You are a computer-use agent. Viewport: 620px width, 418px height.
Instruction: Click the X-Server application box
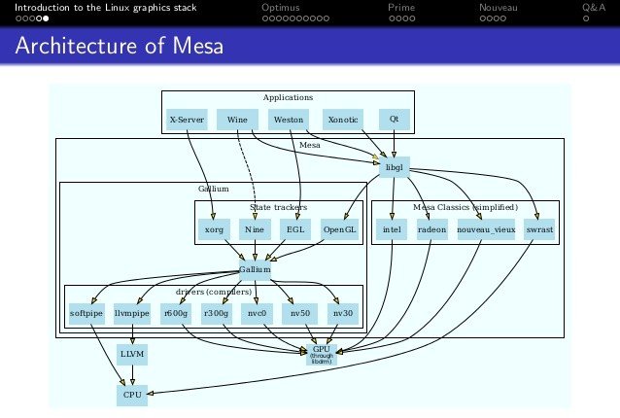(186, 120)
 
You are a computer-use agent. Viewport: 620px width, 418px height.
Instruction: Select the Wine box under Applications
(236, 120)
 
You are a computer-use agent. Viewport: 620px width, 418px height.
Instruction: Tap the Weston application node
(289, 120)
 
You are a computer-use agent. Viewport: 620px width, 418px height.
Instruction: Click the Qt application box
(394, 120)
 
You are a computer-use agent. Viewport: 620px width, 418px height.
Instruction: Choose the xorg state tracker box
(214, 230)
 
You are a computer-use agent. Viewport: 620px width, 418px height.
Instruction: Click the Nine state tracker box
(255, 230)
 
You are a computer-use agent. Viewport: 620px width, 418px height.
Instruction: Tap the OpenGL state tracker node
(339, 230)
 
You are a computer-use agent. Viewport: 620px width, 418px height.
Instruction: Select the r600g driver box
(175, 314)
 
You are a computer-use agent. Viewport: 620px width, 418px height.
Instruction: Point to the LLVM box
(131, 355)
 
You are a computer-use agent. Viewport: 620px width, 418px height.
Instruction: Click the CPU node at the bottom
(131, 396)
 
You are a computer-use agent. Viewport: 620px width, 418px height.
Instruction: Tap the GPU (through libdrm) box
(321, 355)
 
